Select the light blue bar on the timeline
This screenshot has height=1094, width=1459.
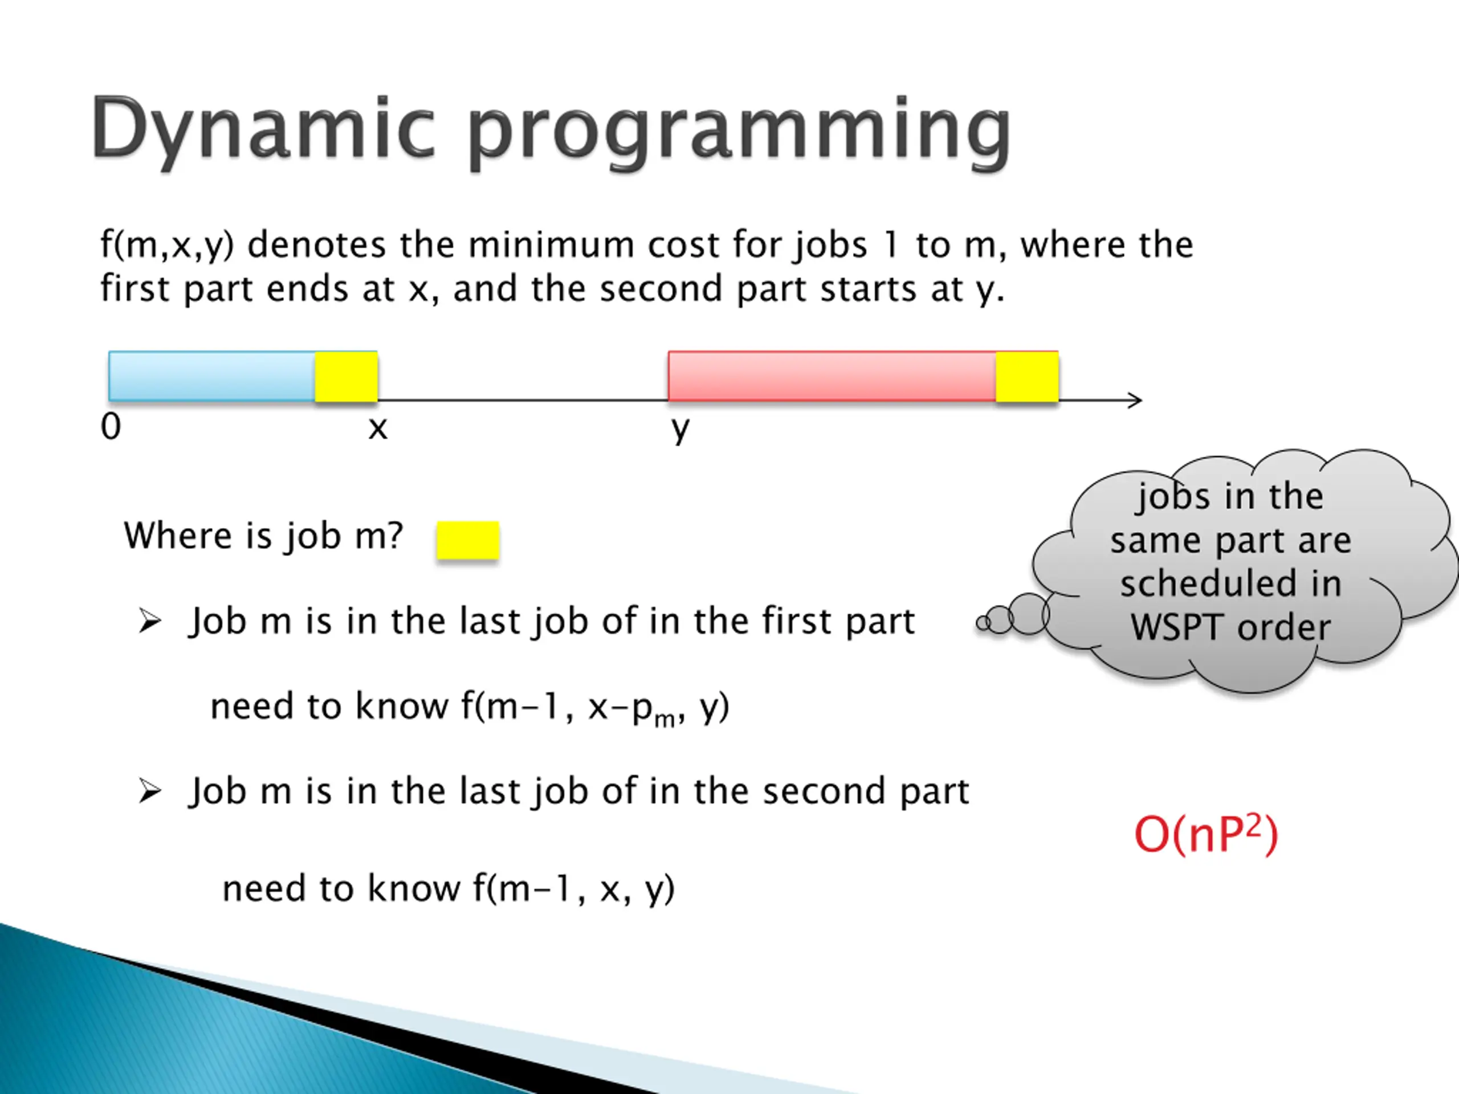tap(212, 376)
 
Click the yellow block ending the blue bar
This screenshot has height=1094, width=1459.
tap(347, 377)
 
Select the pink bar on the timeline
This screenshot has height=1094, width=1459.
tap(832, 376)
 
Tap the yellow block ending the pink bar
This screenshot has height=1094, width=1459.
tap(1027, 377)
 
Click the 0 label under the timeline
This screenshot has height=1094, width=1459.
tap(111, 427)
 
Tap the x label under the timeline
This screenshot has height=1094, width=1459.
tap(378, 429)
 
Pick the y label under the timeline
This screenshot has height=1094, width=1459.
tap(680, 431)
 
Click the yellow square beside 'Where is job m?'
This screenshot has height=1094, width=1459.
tap(468, 541)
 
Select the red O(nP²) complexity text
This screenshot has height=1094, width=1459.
tap(1206, 835)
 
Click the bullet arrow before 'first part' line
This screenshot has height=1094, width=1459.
tap(150, 621)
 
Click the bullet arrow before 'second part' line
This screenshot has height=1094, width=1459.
tap(150, 791)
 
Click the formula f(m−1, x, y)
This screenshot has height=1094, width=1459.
tap(573, 889)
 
